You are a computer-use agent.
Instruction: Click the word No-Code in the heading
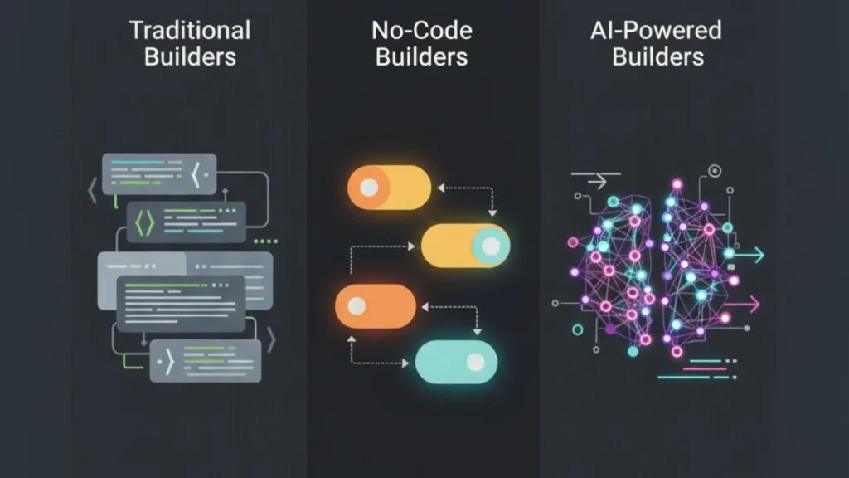click(421, 31)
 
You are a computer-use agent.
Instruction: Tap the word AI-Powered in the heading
click(656, 31)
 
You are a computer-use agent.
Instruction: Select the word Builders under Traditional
click(189, 57)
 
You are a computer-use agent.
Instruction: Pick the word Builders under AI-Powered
click(657, 57)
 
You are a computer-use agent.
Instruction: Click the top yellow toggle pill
click(389, 188)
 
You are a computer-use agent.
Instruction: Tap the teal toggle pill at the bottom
click(456, 362)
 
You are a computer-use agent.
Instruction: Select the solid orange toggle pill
click(376, 305)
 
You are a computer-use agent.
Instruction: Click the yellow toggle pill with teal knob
click(465, 246)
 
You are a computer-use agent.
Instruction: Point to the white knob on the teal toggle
click(475, 362)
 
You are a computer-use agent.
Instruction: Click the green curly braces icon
click(144, 222)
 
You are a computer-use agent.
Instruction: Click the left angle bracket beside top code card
click(92, 192)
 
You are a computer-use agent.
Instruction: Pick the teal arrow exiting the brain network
click(750, 256)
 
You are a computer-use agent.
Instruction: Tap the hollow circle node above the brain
click(715, 171)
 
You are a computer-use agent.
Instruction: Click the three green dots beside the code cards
click(265, 241)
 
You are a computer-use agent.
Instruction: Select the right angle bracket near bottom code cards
click(271, 339)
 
